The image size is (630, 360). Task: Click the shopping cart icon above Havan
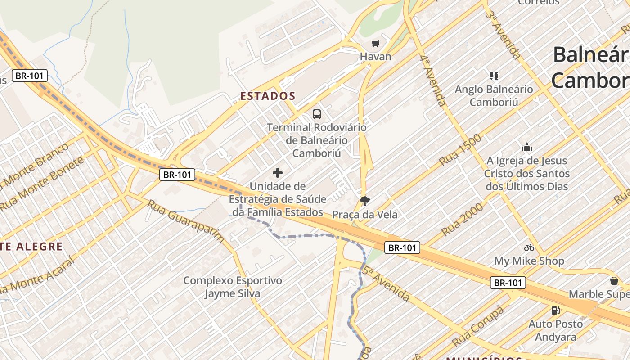(x=375, y=44)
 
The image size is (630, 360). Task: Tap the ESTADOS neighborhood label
(x=268, y=96)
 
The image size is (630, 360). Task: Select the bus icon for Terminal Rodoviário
(x=317, y=114)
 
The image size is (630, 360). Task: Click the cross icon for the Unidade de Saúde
(x=278, y=172)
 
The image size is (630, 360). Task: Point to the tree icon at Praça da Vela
(x=364, y=201)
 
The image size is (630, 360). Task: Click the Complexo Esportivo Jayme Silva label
(x=233, y=287)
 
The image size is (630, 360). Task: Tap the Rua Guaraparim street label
(x=185, y=221)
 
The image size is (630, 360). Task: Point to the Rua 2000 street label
(x=462, y=219)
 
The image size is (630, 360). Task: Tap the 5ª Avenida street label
(x=386, y=283)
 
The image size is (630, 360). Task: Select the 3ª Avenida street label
(x=503, y=34)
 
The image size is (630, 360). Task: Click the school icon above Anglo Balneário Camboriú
(x=494, y=76)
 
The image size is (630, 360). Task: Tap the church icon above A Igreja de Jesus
(x=526, y=147)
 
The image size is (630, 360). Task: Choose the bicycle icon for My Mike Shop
(x=529, y=247)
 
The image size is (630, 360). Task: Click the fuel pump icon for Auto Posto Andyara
(x=556, y=310)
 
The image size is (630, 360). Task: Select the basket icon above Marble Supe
(x=614, y=281)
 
